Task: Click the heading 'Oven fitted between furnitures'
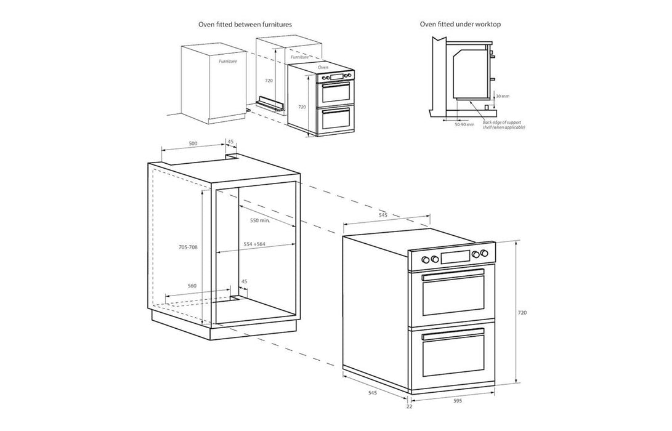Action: pyautogui.click(x=245, y=25)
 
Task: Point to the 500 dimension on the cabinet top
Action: pyautogui.click(x=193, y=143)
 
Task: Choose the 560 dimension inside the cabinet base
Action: pyautogui.click(x=192, y=286)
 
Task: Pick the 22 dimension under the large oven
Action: pyautogui.click(x=409, y=406)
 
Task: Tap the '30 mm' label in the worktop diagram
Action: pyautogui.click(x=503, y=96)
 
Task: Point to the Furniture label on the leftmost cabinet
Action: pyautogui.click(x=229, y=62)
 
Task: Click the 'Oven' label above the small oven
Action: pyautogui.click(x=323, y=66)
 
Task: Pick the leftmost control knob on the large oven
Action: pyautogui.click(x=424, y=259)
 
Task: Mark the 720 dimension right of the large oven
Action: pyautogui.click(x=522, y=313)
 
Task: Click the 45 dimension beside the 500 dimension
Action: pyautogui.click(x=230, y=142)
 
